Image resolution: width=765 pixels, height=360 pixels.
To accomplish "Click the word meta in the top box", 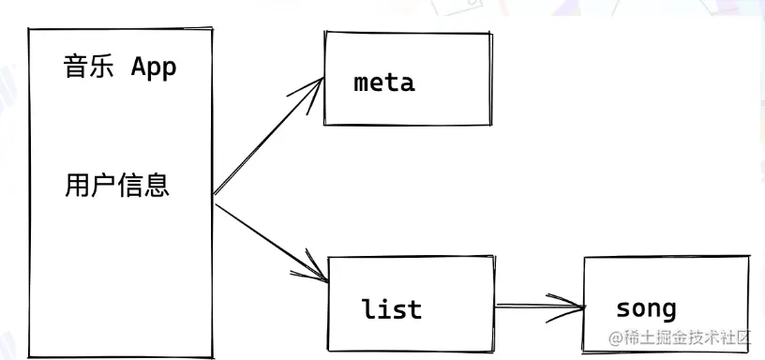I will tap(383, 82).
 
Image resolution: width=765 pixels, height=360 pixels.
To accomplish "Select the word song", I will tap(645, 307).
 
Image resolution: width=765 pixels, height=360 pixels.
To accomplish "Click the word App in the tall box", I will tap(154, 67).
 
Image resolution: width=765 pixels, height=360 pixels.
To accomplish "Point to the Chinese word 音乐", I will tap(90, 67).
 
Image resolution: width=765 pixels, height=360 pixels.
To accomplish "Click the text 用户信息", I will tap(117, 184).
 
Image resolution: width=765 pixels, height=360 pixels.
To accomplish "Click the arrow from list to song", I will tap(538, 305).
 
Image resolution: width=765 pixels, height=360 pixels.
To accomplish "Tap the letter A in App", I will tap(138, 67).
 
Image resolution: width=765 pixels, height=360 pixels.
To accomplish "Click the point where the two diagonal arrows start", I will tap(215, 196).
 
